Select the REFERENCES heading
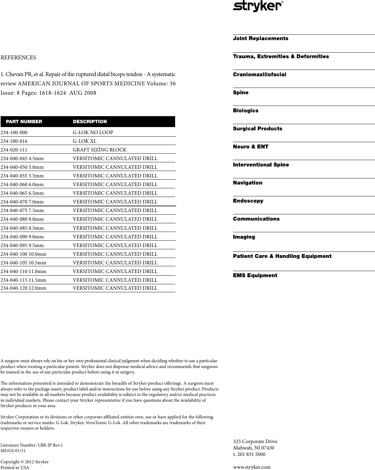pyautogui.click(x=18, y=58)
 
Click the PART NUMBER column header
pyautogui.click(x=24, y=122)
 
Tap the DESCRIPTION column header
pyautogui.click(x=90, y=122)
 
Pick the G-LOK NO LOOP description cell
pyautogui.click(x=93, y=132)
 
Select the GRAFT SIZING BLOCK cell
pyautogui.click(x=100, y=150)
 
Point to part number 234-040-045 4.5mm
pyautogui.click(x=22, y=158)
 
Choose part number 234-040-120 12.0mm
pyautogui.click(x=23, y=288)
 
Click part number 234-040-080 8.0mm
pyautogui.click(x=22, y=219)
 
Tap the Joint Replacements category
pyautogui.click(x=261, y=38)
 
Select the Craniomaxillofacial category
pyautogui.click(x=259, y=74)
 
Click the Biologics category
pyautogui.click(x=246, y=111)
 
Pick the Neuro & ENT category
pyautogui.click(x=251, y=147)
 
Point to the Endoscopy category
pyautogui.click(x=248, y=201)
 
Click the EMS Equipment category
pyautogui.click(x=255, y=276)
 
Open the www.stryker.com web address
pyautogui.click(x=252, y=467)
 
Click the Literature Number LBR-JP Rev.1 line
pyautogui.click(x=31, y=445)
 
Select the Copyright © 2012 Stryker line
pyautogui.click(x=25, y=462)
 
